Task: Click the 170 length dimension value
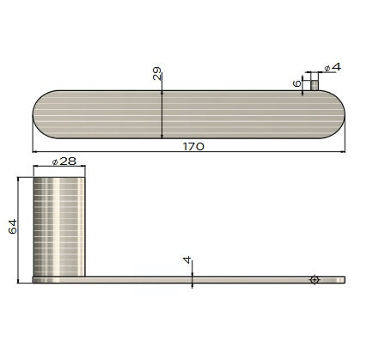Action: (193, 147)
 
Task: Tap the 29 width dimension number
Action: (157, 75)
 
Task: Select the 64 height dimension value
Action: (12, 227)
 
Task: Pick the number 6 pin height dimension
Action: (296, 82)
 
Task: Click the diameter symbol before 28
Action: (56, 162)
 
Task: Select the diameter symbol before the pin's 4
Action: (327, 68)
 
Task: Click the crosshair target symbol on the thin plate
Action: (315, 279)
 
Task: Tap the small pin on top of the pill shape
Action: (315, 83)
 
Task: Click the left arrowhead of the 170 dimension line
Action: (36, 153)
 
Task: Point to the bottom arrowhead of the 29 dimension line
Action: (162, 135)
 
